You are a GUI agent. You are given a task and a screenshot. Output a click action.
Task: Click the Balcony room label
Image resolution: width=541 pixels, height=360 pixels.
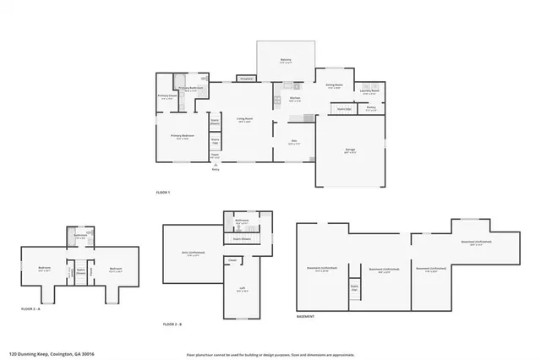(286, 60)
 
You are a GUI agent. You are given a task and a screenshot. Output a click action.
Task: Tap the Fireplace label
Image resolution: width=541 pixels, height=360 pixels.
(246, 79)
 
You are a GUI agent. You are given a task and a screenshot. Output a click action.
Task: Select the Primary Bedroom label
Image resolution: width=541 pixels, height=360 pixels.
(183, 136)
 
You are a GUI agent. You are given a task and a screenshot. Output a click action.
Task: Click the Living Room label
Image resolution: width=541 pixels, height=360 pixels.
(245, 119)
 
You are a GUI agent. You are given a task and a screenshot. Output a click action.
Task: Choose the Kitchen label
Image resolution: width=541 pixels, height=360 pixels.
(295, 98)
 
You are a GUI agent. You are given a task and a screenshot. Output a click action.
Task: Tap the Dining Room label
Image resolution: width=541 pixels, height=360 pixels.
(334, 85)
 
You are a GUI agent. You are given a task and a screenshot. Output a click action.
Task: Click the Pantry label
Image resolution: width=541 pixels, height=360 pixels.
(371, 107)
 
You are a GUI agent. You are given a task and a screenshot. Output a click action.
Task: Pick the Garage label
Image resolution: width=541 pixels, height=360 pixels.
(350, 150)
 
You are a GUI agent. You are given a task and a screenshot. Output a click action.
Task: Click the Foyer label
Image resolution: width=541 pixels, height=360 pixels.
(216, 155)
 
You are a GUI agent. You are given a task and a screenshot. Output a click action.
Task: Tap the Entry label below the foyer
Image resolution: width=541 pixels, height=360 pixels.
(216, 169)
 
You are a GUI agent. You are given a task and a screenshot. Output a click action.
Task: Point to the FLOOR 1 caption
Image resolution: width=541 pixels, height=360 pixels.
(163, 194)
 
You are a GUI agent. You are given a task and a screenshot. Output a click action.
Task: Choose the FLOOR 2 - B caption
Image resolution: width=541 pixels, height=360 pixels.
(173, 324)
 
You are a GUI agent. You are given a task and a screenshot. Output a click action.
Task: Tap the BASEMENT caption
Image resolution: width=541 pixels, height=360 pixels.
(306, 316)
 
